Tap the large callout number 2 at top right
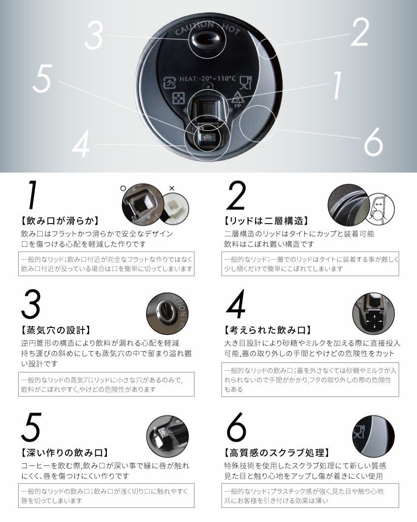tap(360, 32)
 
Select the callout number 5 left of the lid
tap(43, 78)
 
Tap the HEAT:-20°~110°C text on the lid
tap(208, 79)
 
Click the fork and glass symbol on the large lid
tap(246, 83)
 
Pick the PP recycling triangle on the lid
tap(237, 99)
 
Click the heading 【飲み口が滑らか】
tap(60, 221)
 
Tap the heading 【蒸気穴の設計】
tap(55, 330)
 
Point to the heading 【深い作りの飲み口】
tap(64, 453)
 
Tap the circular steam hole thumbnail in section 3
tap(167, 314)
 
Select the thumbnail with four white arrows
tap(373, 314)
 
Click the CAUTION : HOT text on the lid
tap(208, 28)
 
